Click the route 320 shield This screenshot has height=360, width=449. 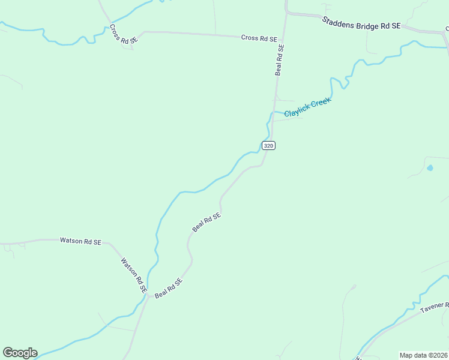click(x=268, y=145)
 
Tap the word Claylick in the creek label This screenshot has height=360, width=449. click(x=297, y=110)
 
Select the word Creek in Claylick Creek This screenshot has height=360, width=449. click(x=321, y=102)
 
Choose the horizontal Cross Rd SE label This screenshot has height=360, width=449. click(x=259, y=38)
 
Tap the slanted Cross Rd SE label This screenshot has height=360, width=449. click(x=124, y=34)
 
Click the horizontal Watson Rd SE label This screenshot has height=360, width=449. click(x=80, y=241)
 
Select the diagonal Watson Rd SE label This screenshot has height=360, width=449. click(x=134, y=275)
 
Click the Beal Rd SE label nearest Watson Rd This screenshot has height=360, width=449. click(x=168, y=287)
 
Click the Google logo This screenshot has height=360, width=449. click(x=20, y=353)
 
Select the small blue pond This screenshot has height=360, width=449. click(x=430, y=168)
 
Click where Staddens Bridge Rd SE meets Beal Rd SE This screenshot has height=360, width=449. click(x=287, y=11)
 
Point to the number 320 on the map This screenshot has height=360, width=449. click(x=268, y=145)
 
